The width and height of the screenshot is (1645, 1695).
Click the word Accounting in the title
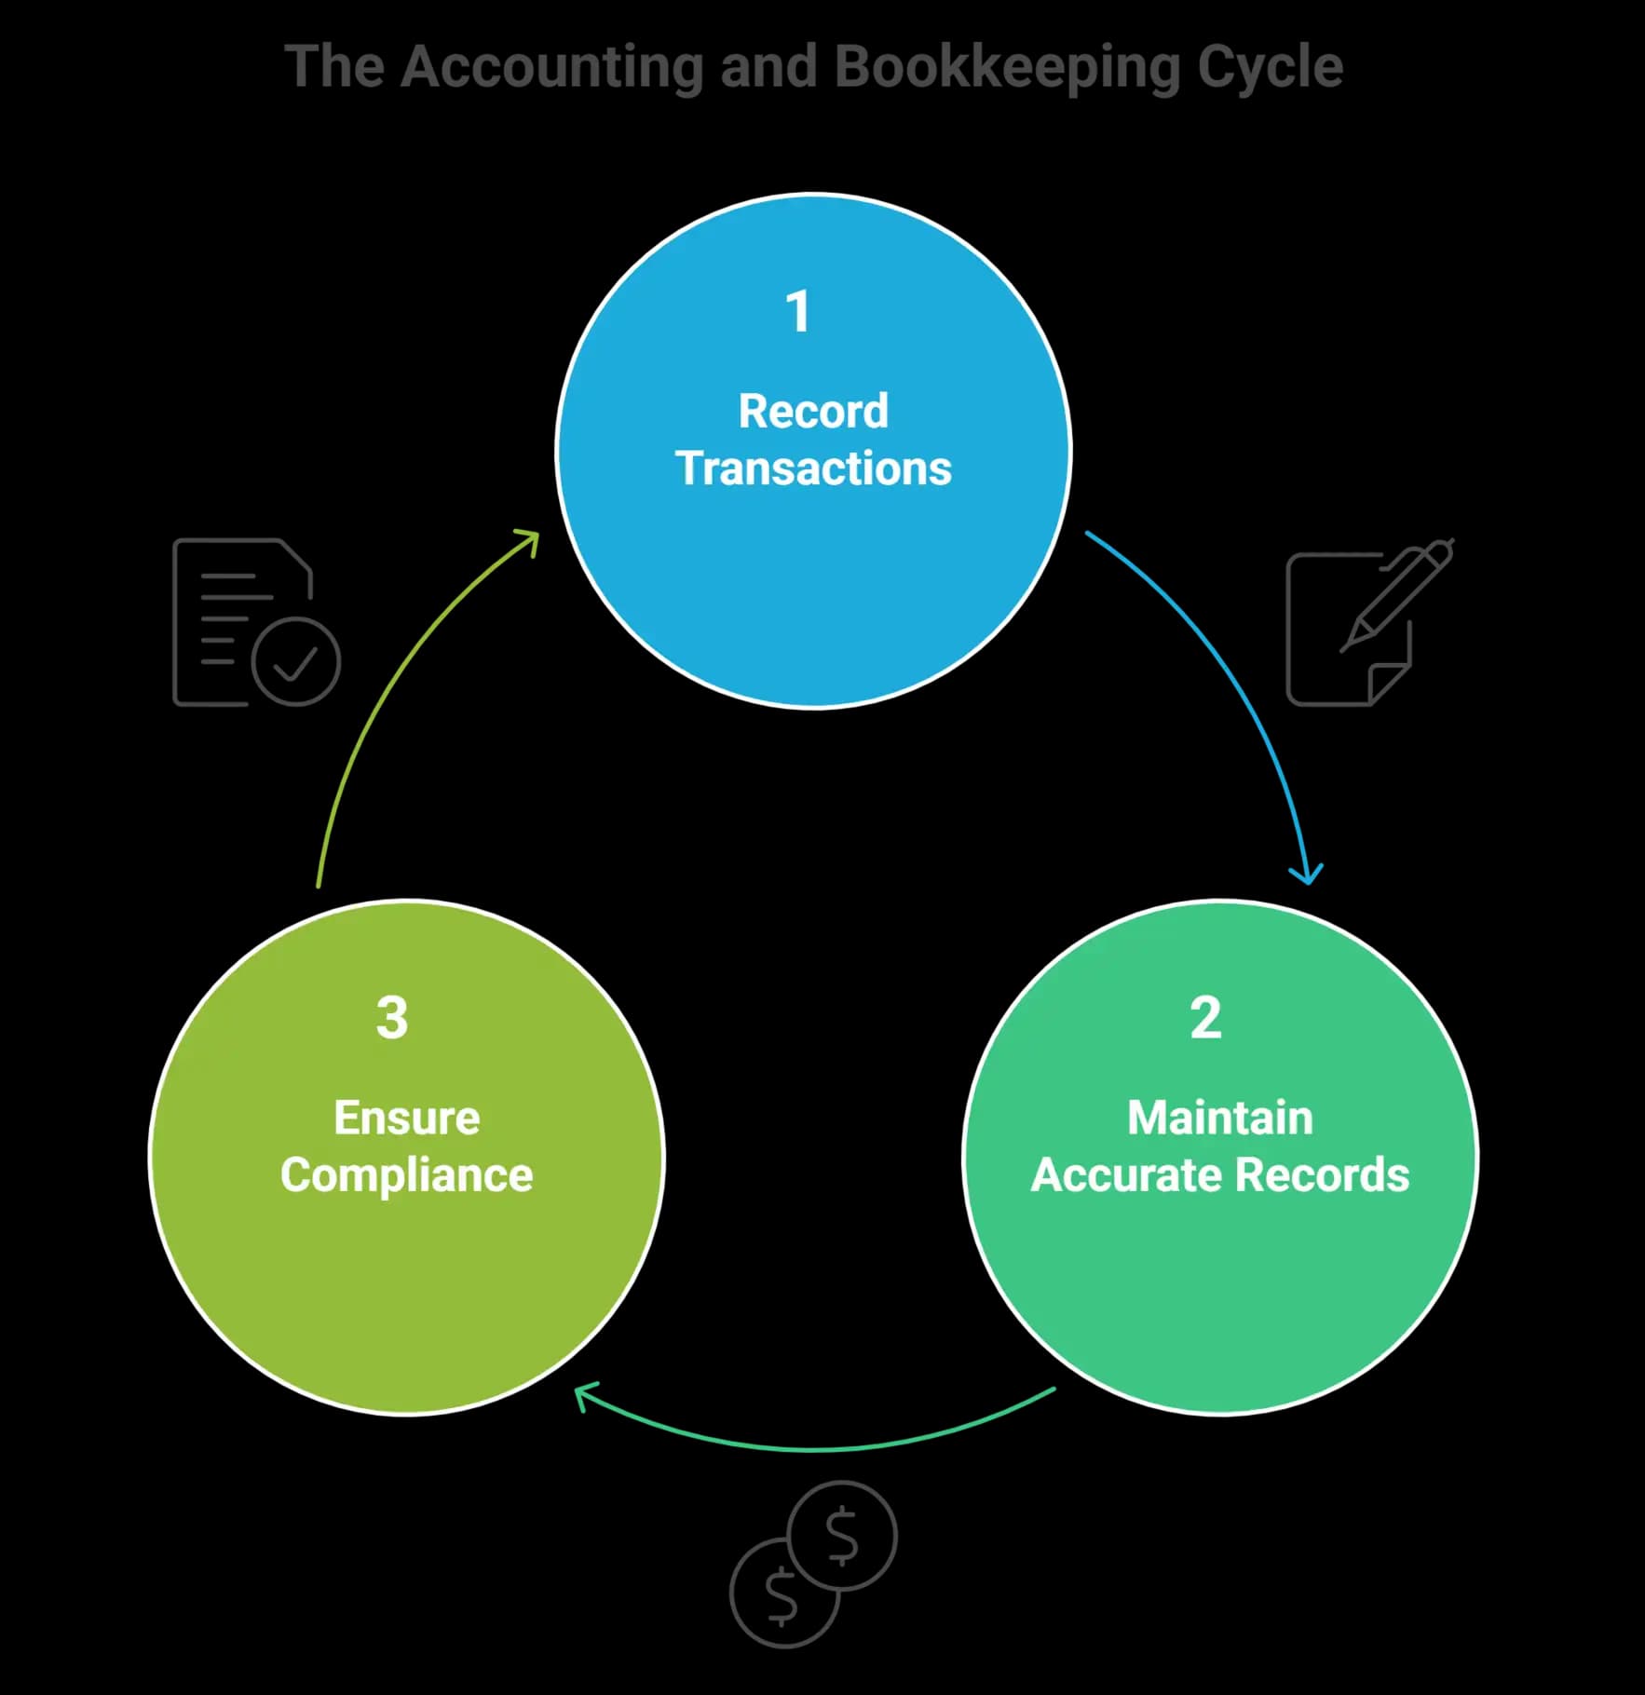tap(552, 68)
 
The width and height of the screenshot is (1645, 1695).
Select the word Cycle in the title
tap(1270, 68)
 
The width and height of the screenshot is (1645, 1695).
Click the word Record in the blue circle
tap(813, 411)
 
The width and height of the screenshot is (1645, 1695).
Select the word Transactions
tap(813, 468)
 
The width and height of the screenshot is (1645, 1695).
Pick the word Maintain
tap(1220, 1118)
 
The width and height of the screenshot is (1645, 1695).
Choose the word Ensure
tap(407, 1118)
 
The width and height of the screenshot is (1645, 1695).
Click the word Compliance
tap(407, 1175)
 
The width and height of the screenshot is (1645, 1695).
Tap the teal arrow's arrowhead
tap(585, 1397)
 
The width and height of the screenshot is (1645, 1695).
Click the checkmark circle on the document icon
tap(296, 660)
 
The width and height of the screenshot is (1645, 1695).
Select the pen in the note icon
tap(1396, 595)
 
